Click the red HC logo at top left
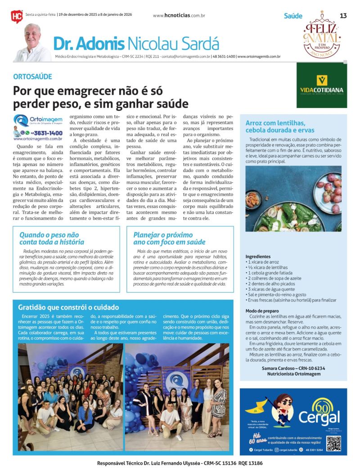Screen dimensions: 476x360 coord(17,16)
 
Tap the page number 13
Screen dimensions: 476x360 coord(343,16)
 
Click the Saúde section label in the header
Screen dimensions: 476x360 coord(293,16)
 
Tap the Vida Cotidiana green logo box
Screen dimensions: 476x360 coord(321,85)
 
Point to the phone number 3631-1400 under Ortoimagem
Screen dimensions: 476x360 coord(47,133)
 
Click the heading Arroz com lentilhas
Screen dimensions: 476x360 coord(275,123)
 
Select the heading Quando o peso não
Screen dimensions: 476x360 coord(49,235)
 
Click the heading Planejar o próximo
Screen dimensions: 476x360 coord(163,235)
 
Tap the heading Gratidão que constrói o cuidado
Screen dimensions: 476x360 coord(68,307)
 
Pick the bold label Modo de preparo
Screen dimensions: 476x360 coord(262,311)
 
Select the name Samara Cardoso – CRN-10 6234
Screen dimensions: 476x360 coord(293,368)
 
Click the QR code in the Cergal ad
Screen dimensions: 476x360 coord(333,443)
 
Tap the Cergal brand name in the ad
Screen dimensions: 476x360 coord(319,417)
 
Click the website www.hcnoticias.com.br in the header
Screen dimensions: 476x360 coord(179,15)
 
